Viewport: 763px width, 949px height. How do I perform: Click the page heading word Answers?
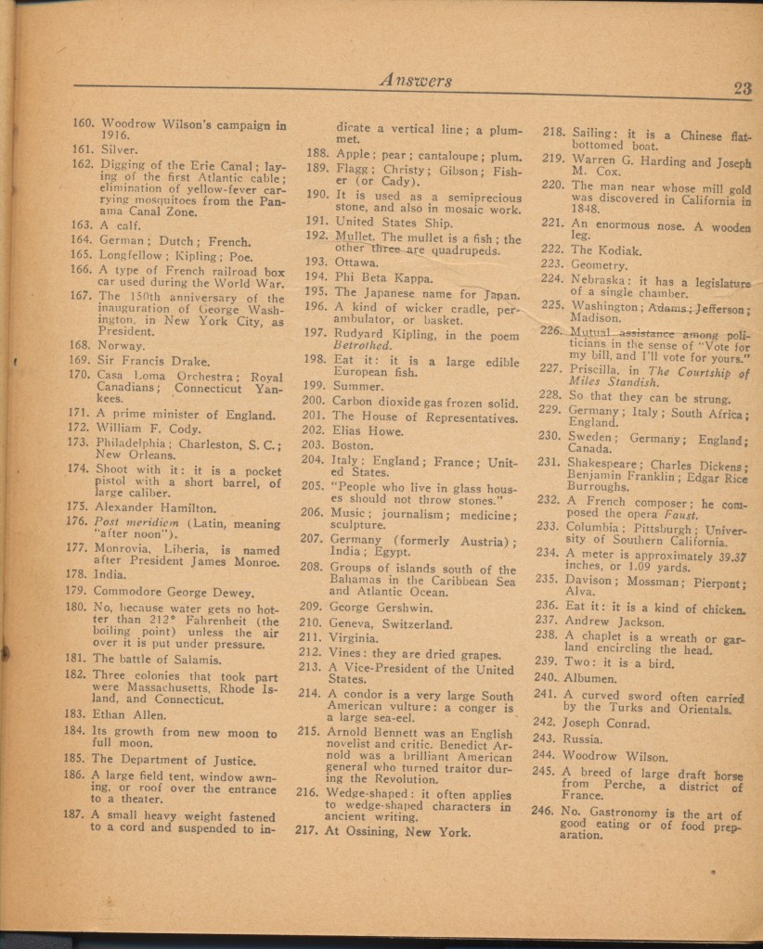click(x=416, y=80)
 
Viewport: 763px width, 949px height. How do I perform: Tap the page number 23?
click(x=742, y=88)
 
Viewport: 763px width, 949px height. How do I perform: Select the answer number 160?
click(x=84, y=122)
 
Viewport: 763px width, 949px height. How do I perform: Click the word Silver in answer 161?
click(x=118, y=148)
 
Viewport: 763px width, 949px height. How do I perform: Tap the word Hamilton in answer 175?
click(x=183, y=507)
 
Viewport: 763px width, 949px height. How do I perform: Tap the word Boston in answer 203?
click(x=353, y=445)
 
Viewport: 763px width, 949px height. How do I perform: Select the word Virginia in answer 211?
click(x=355, y=638)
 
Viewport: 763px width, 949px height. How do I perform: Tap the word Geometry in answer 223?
click(x=600, y=264)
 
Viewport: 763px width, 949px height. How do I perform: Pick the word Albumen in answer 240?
click(x=590, y=677)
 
